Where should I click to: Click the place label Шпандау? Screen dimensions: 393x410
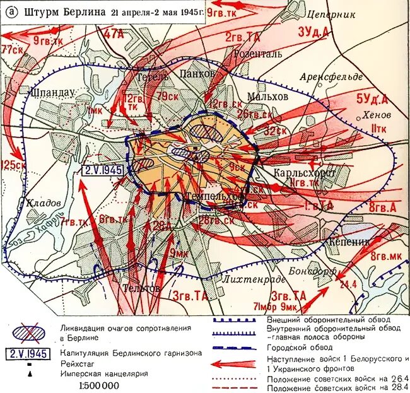tap(52, 92)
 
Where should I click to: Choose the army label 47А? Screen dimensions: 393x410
tap(114, 35)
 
